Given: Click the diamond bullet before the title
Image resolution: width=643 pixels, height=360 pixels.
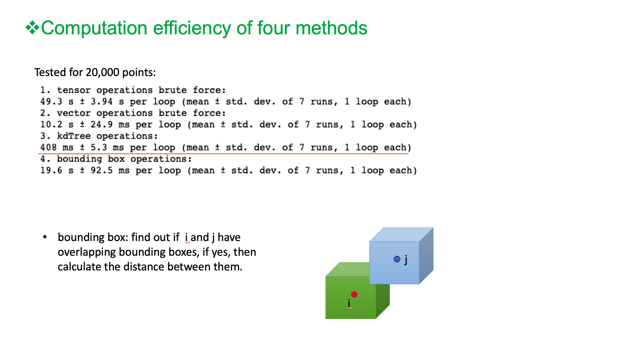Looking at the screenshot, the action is (x=33, y=28).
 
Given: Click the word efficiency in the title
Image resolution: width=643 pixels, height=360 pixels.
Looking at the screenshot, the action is (x=192, y=28).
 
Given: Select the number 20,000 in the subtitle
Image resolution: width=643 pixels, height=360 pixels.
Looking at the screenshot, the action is (x=102, y=72).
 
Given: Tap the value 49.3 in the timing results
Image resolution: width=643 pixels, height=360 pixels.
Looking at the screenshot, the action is (x=51, y=101).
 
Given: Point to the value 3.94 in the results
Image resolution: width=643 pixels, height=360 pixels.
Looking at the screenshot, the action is (x=102, y=101).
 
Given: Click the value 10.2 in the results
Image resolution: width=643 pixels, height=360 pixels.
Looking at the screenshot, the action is (x=51, y=124).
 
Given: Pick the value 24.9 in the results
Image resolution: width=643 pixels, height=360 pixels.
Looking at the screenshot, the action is (x=102, y=124).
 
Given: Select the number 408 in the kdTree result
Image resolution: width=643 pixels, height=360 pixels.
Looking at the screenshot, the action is (x=48, y=147).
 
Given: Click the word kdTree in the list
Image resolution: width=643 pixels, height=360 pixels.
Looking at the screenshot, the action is (x=74, y=136).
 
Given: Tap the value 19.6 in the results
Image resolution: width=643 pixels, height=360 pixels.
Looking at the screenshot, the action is (x=51, y=170).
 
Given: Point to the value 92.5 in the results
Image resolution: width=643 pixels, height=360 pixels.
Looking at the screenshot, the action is (x=102, y=170).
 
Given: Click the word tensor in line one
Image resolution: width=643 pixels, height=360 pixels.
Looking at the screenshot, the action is (x=74, y=90).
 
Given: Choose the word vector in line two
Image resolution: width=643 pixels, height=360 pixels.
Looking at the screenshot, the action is (x=74, y=113).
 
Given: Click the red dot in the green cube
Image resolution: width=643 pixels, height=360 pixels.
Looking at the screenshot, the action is (x=354, y=294).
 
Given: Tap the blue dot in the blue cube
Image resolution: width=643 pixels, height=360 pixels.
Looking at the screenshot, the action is (x=397, y=259).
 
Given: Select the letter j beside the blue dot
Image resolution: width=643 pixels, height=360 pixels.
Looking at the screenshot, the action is (x=406, y=260).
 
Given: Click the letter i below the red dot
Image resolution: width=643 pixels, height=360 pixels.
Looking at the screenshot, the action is (x=349, y=303).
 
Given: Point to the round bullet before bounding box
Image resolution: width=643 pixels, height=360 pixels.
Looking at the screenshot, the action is (x=45, y=237).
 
